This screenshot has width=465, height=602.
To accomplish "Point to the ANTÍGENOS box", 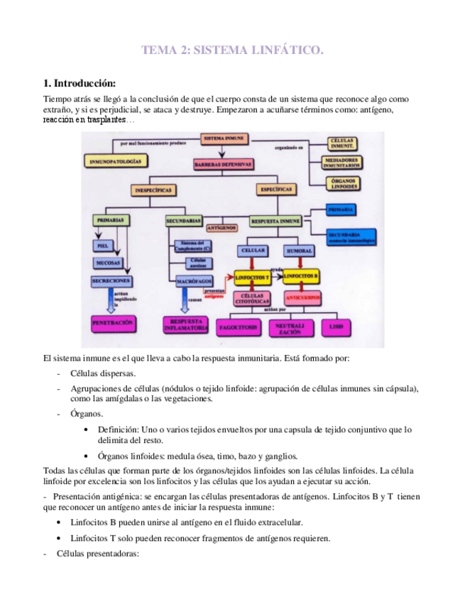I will pos(221,229).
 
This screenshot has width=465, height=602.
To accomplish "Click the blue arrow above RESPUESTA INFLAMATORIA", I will pos(185,303).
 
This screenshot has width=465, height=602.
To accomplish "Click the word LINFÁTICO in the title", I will pos(284,50).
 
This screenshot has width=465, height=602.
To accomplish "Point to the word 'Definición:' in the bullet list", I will pos(119,429).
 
